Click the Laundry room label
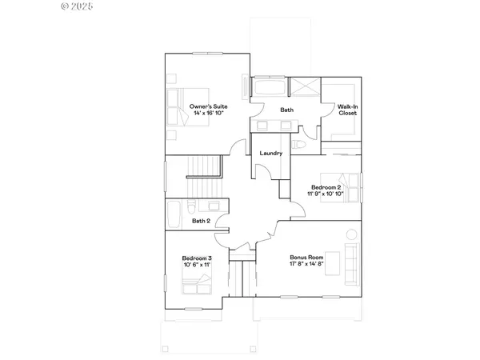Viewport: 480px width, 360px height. (x=270, y=153)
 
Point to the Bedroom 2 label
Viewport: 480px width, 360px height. (x=325, y=186)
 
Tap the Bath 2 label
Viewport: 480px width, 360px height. (x=201, y=221)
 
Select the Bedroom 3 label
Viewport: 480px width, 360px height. (x=197, y=258)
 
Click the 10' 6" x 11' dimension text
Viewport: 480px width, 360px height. (x=197, y=266)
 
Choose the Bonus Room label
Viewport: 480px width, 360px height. (x=307, y=258)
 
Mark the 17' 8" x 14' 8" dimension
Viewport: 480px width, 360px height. (x=307, y=265)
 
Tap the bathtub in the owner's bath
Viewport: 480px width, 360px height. (x=270, y=87)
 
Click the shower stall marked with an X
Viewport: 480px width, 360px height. (x=305, y=87)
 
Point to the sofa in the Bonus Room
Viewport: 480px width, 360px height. (x=350, y=263)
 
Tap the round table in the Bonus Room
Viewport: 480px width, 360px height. (x=350, y=234)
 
